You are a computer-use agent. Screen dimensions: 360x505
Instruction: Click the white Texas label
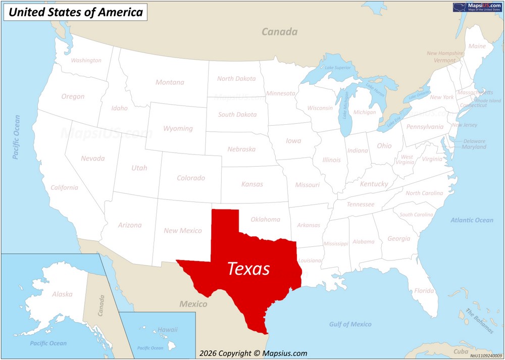coord(248,269)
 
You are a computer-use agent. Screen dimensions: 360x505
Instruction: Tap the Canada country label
coord(279,32)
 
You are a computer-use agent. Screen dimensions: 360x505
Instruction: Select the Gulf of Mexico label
coord(350,324)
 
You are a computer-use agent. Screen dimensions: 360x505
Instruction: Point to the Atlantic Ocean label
coord(472,220)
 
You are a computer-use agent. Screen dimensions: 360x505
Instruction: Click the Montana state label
coord(170,82)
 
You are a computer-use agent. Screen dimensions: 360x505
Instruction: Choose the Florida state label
coord(424,291)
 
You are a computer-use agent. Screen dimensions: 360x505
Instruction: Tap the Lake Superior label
coord(337,68)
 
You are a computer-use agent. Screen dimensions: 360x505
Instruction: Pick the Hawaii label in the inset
coord(168,330)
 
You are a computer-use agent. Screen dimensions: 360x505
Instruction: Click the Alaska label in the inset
coord(62,294)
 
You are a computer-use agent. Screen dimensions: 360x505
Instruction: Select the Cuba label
coord(461,351)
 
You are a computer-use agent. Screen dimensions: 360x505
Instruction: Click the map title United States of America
coord(76,13)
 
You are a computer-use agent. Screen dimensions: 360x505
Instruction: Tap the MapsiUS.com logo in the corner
coord(477,7)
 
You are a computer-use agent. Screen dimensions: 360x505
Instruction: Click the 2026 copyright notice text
coord(253,353)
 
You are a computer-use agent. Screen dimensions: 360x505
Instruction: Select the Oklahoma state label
coord(265,219)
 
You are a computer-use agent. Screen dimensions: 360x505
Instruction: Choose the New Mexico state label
coord(182,231)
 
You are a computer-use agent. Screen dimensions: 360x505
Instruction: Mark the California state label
coord(64,187)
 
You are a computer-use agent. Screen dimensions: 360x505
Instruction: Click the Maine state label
coord(477,46)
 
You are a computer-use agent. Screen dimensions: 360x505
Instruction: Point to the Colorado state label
coord(190,178)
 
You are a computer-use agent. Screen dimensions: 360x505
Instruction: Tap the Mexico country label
coord(193,304)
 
